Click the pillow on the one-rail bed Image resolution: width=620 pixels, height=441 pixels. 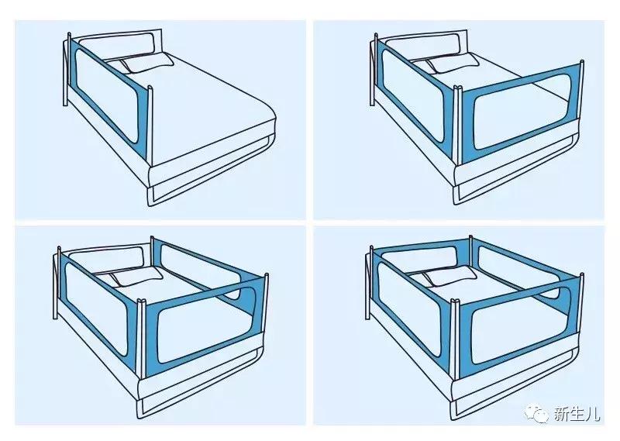coord(146,64)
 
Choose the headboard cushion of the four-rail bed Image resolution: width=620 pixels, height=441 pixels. coord(419,260)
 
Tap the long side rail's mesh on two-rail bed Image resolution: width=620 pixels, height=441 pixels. coord(413,94)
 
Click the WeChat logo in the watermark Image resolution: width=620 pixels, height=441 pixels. coord(536,413)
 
